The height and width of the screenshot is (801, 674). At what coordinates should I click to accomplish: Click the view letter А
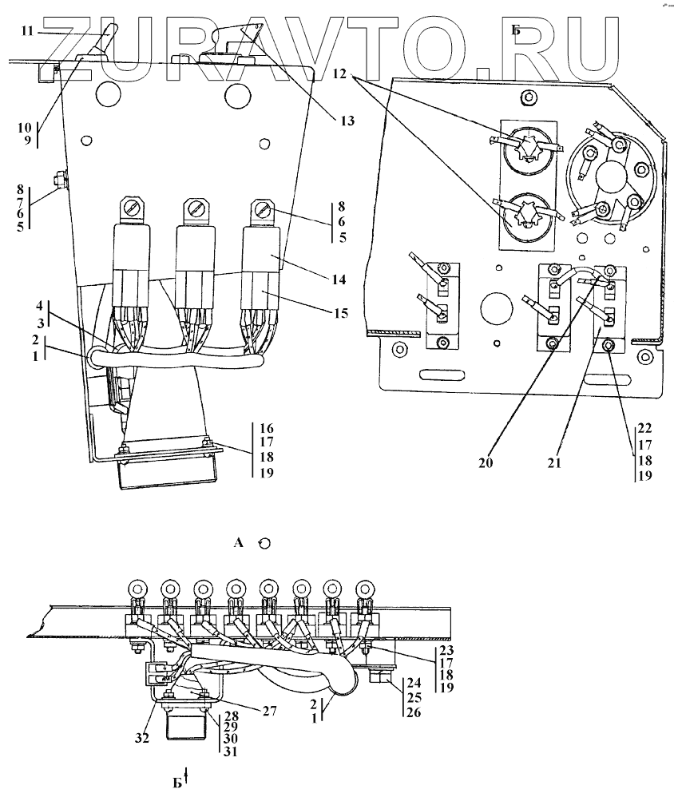237,543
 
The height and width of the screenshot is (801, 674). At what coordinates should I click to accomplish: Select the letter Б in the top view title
516,31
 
